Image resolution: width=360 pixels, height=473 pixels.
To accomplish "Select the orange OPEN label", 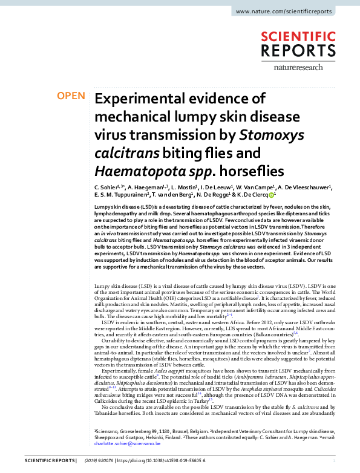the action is [71, 96].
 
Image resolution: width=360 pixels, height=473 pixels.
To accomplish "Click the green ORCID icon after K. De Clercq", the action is [272, 196].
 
